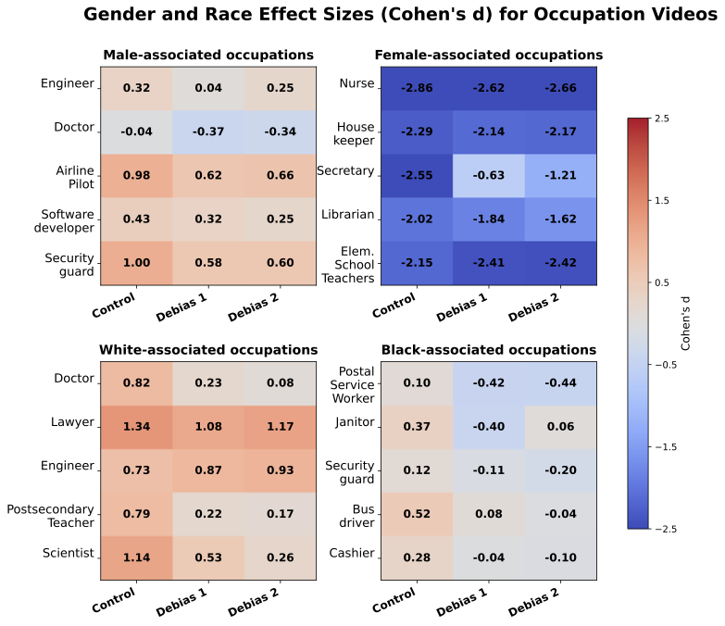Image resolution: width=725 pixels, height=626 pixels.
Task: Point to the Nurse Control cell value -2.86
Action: point(417,88)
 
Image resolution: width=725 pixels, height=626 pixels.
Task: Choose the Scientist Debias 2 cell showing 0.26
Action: point(281,558)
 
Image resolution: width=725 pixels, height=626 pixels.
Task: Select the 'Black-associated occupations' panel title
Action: point(489,350)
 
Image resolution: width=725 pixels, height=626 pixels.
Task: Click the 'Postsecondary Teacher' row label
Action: point(51,517)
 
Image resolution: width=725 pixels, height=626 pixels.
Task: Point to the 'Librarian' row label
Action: point(346,215)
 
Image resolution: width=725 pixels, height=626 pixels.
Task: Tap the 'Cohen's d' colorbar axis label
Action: point(686,323)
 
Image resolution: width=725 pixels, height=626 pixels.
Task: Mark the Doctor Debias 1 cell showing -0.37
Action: point(208,131)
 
